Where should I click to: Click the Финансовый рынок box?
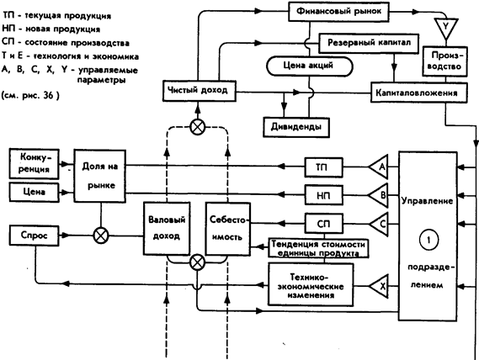pos(338,12)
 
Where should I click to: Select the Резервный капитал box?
pos(369,43)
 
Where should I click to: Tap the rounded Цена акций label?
pos(310,66)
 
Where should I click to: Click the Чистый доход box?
pos(200,91)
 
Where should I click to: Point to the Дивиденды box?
pos(296,127)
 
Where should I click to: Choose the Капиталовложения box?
pos(419,93)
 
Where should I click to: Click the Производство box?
pos(445,61)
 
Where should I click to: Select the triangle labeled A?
pos(379,167)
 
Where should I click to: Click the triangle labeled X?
pos(379,287)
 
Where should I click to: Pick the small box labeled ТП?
pos(323,167)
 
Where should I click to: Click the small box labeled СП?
pos(323,224)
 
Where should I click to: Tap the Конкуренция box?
pos(34,164)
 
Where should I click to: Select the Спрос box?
pos(34,236)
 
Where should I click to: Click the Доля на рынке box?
pos(100,176)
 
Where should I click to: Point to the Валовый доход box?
pos(167,229)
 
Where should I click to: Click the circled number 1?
pos(428,240)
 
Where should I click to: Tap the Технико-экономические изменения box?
pos(311,284)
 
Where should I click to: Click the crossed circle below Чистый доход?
pos(198,127)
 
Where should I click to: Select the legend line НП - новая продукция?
pos(51,29)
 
